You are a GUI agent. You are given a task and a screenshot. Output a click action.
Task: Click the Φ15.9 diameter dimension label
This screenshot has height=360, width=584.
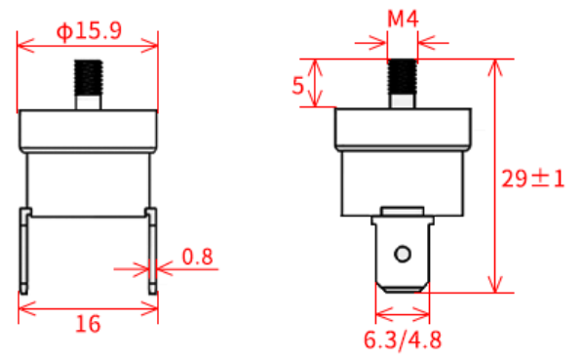click(x=89, y=31)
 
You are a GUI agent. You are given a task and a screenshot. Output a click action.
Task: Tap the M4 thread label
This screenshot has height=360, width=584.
click(x=403, y=19)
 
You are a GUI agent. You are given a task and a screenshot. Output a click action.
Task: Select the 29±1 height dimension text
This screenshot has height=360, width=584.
click(x=533, y=179)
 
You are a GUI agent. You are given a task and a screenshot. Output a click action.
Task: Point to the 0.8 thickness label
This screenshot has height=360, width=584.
click(x=197, y=257)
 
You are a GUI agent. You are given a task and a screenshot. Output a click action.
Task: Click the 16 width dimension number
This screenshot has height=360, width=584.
click(x=88, y=324)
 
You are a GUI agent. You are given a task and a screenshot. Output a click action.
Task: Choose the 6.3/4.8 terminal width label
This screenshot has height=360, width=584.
click(x=403, y=340)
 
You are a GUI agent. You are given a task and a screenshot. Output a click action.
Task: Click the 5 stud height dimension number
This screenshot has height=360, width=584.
click(x=298, y=86)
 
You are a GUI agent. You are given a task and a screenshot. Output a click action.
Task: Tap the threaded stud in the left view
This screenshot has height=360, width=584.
click(x=89, y=84)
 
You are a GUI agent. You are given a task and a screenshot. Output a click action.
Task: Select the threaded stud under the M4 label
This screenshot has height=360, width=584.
click(x=403, y=83)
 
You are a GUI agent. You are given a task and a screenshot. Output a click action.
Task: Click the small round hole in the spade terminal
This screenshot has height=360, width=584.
click(x=403, y=255)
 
